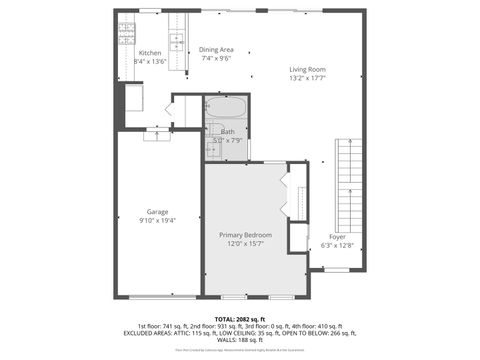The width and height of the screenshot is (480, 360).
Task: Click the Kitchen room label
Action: [x=149, y=53]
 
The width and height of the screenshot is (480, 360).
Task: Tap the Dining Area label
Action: [x=216, y=49]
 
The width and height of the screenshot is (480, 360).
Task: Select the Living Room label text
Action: [x=307, y=69]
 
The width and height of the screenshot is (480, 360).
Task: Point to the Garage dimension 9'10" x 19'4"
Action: [x=157, y=220]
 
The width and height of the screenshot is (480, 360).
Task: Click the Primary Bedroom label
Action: [x=245, y=234]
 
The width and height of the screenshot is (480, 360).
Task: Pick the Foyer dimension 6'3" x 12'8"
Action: [x=338, y=244]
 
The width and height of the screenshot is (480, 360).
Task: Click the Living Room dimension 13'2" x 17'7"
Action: [x=307, y=78]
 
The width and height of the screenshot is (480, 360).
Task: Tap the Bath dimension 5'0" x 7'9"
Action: [x=228, y=141]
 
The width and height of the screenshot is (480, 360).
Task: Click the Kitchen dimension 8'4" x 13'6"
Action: [x=149, y=62]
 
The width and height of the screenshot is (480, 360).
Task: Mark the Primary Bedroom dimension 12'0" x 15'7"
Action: [x=245, y=243]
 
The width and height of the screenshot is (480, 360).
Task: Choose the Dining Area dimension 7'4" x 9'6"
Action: [x=216, y=58]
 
